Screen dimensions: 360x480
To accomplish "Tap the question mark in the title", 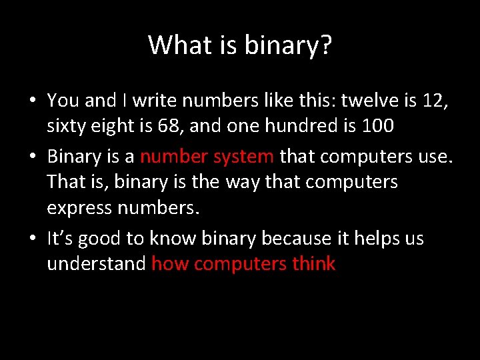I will (325, 45).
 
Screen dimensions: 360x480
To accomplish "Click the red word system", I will (243, 157).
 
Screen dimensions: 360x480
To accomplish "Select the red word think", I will (313, 264).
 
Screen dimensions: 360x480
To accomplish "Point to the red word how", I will (170, 264).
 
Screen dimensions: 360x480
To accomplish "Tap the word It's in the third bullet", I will (61, 238).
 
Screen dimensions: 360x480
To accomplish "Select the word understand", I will (96, 264).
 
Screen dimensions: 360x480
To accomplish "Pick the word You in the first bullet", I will (63, 101).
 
